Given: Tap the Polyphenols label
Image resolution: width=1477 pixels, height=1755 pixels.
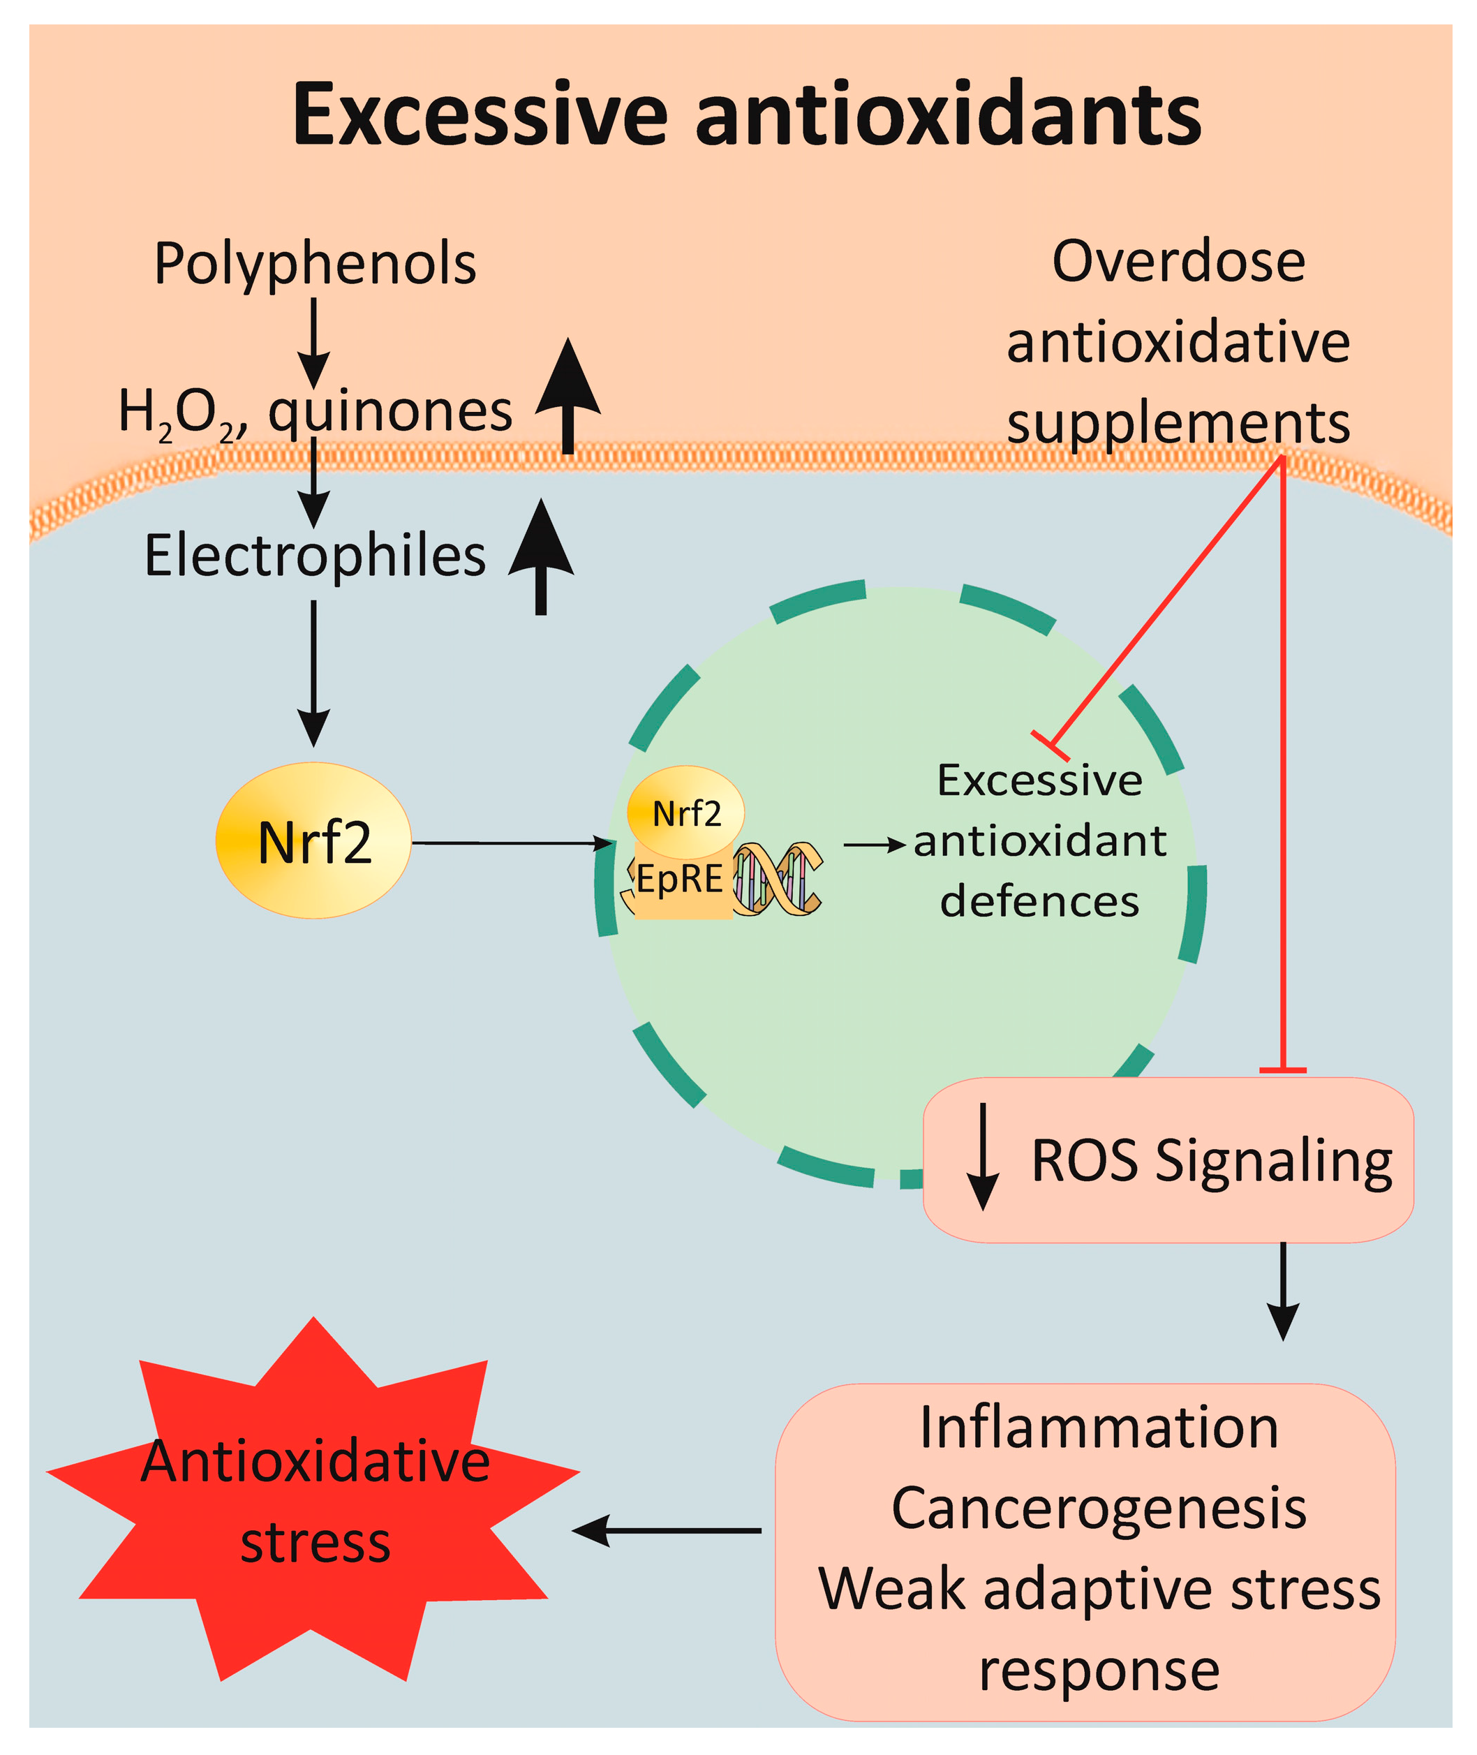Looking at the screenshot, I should pyautogui.click(x=315, y=264).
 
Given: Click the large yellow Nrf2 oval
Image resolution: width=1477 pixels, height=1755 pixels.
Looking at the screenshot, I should pyautogui.click(x=313, y=841).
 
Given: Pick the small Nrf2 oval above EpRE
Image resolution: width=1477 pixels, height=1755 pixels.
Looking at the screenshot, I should pyautogui.click(x=685, y=812).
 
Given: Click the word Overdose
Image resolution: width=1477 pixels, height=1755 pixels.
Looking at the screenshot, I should pyautogui.click(x=1178, y=262).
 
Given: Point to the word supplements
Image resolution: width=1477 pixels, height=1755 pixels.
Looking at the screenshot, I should pyautogui.click(x=1178, y=423).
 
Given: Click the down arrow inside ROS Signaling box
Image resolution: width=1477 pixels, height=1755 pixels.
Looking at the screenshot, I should pyautogui.click(x=982, y=1157).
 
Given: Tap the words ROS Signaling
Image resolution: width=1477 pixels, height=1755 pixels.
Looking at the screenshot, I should pyautogui.click(x=1212, y=1162).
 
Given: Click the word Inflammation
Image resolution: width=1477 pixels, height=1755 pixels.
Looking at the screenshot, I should pyautogui.click(x=1099, y=1428).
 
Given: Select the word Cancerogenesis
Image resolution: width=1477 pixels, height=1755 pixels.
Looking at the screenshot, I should pyautogui.click(x=1099, y=1509).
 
